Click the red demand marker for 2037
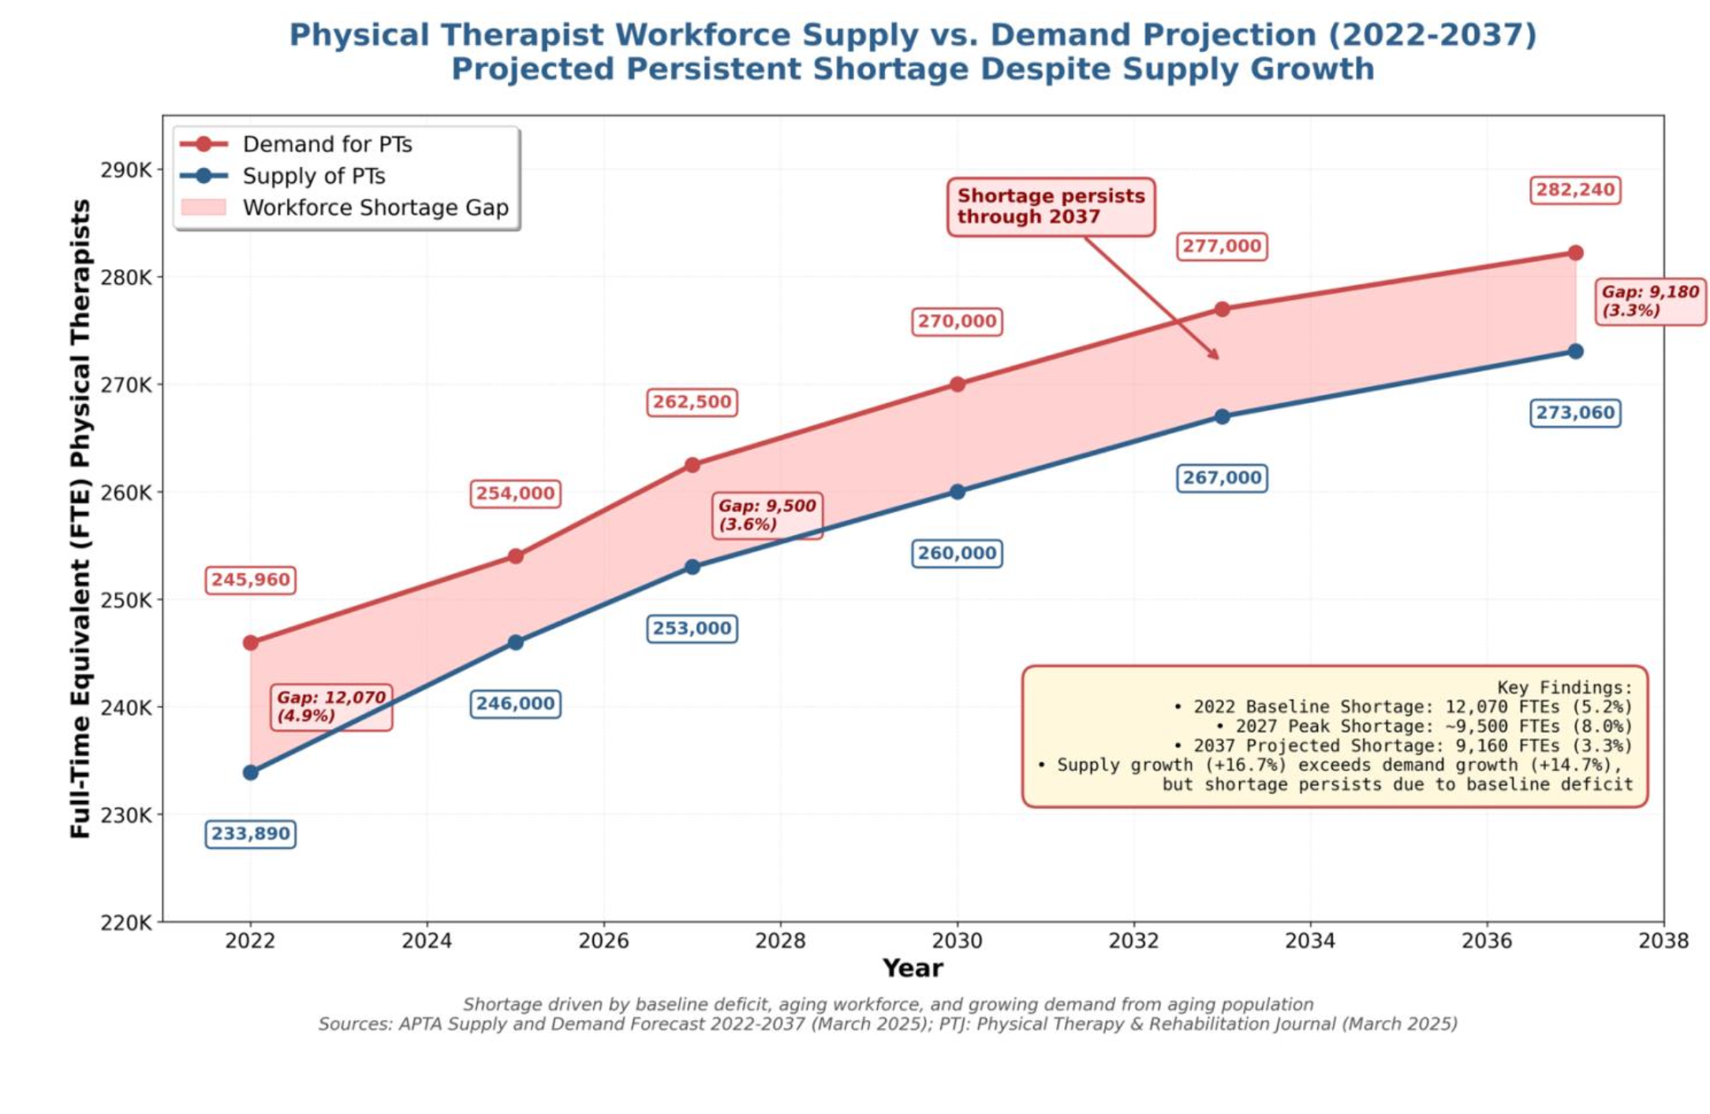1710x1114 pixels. coord(1575,253)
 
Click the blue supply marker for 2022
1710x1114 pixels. coord(251,772)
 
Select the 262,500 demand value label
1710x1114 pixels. coord(692,402)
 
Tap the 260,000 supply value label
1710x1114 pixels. coord(957,553)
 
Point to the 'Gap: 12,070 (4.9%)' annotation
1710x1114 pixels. coord(331,707)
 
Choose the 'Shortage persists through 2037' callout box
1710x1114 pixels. coord(1051,207)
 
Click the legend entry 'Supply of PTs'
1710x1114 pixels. coord(313,176)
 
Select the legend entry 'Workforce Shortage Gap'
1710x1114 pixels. coord(375,207)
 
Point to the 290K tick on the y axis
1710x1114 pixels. coord(126,170)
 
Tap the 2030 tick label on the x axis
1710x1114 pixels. coord(957,940)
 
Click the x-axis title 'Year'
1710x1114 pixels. coord(913,968)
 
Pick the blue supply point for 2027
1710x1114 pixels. coord(693,567)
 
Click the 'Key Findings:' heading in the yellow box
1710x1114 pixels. coord(1564,687)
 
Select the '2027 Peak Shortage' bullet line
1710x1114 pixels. coord(1424,727)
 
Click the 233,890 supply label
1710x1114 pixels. coord(251,834)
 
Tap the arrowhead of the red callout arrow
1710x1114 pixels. coord(1217,357)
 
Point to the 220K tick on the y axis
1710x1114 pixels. coord(126,922)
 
